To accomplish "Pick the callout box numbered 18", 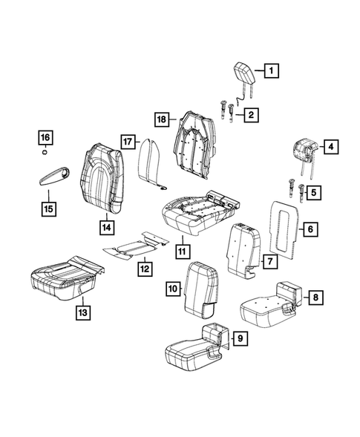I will pos(162,119).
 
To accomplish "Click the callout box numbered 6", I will pos(310,229).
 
